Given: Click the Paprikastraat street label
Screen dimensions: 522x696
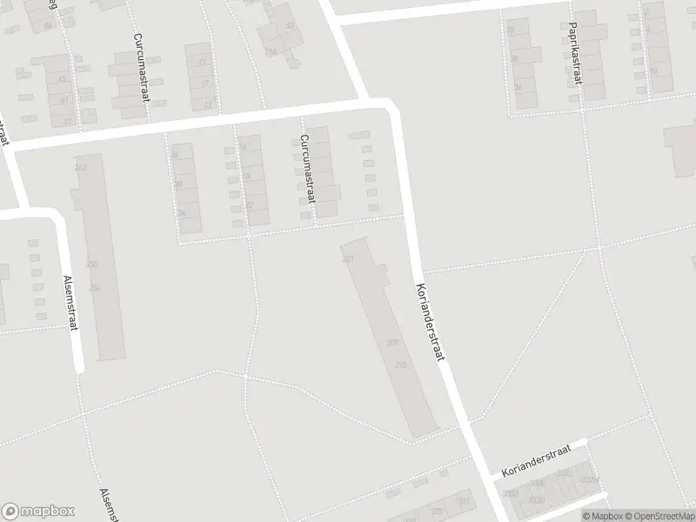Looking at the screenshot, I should tap(575, 60).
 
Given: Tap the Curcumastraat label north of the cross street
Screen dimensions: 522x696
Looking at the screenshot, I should tap(141, 67).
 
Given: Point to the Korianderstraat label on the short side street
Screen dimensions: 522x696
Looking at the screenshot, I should tap(536, 460).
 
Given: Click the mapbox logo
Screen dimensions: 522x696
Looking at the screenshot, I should tap(37, 511).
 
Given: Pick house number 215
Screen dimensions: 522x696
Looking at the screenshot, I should tap(401, 365).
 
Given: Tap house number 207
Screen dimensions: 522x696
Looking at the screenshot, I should tap(392, 342).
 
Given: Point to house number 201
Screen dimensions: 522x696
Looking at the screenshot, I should tap(349, 260).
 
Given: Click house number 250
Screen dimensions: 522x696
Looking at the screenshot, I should tap(92, 264).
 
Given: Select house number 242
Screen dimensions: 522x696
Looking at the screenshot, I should tap(81, 167).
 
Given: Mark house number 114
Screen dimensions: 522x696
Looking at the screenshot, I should tap(271, 51).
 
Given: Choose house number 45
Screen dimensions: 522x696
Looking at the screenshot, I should tap(62, 79).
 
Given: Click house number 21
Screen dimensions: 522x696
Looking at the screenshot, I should tap(204, 62).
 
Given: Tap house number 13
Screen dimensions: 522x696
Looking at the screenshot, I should tap(207, 104).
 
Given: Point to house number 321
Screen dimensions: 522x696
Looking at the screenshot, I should tap(465, 502).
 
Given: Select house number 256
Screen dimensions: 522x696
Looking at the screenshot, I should tap(95, 288).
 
